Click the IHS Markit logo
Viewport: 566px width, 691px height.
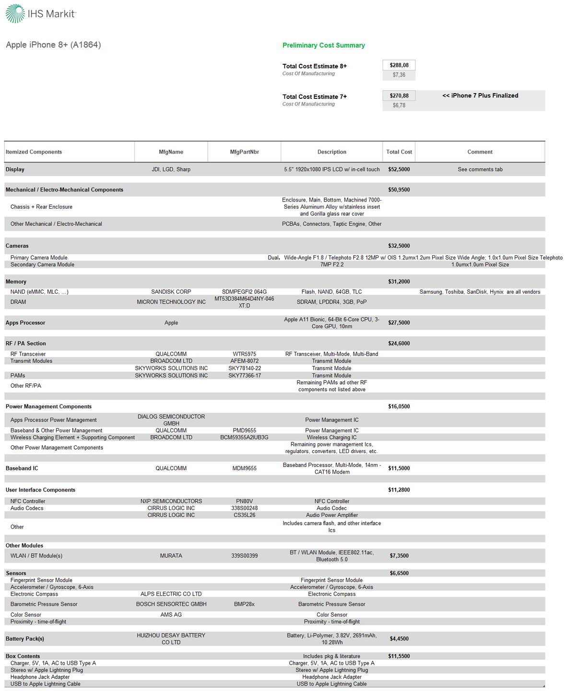(40, 13)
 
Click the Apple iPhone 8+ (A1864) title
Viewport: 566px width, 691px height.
(53, 45)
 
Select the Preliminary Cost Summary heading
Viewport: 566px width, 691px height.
(323, 45)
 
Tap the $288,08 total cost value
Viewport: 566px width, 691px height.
(399, 65)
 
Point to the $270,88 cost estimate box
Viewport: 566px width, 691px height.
(399, 95)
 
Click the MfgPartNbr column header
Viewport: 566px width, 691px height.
(244, 152)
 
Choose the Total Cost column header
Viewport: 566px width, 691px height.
(399, 152)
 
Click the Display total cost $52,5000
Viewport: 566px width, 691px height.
(399, 169)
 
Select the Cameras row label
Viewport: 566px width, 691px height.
(17, 246)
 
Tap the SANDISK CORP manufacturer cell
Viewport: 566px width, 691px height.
(171, 292)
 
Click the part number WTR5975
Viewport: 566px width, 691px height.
(245, 354)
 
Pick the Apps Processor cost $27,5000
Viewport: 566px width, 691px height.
(399, 323)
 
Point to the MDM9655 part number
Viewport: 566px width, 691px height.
(245, 468)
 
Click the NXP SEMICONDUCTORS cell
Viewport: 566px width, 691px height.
(171, 501)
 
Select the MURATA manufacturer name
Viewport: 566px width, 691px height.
(171, 556)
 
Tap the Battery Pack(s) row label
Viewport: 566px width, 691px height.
(25, 639)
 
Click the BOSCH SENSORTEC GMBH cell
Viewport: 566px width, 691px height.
(171, 604)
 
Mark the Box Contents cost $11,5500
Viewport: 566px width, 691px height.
(399, 656)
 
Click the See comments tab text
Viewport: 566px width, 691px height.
(480, 169)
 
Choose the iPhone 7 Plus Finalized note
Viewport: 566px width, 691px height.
(480, 95)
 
